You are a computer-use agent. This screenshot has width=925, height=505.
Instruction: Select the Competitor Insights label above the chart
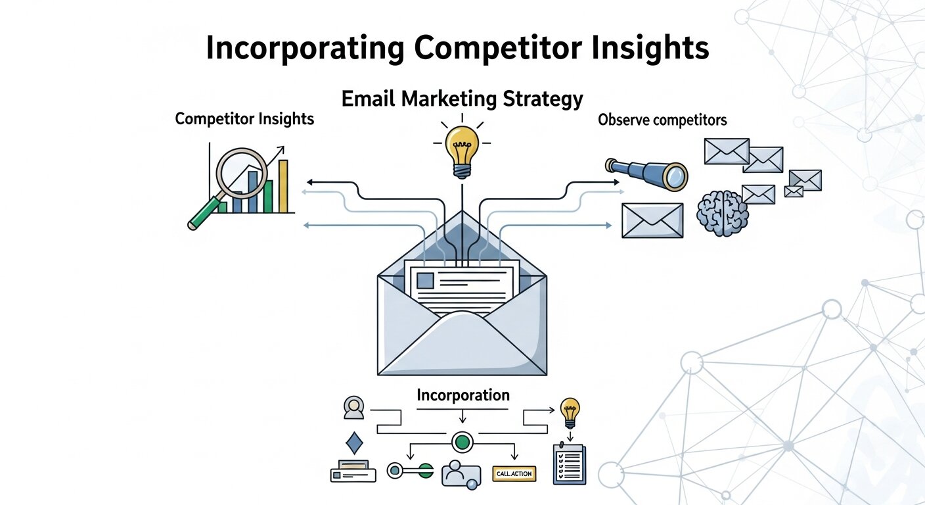click(x=244, y=119)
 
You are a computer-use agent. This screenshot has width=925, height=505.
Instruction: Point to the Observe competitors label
click(x=662, y=120)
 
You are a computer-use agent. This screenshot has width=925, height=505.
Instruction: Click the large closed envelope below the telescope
click(x=652, y=220)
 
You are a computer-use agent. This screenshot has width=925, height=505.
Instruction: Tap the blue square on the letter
click(x=425, y=280)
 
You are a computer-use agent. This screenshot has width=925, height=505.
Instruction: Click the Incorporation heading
click(x=463, y=395)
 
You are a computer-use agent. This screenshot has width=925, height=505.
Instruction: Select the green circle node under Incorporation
click(x=462, y=442)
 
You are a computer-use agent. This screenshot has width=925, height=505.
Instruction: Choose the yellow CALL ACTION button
click(x=514, y=473)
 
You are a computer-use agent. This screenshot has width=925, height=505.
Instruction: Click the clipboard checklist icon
click(x=569, y=464)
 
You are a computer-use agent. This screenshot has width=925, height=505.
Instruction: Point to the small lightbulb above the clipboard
click(x=570, y=412)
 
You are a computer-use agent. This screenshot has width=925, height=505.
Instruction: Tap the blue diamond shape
click(x=354, y=443)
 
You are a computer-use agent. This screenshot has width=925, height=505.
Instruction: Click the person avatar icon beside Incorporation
click(x=354, y=408)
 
